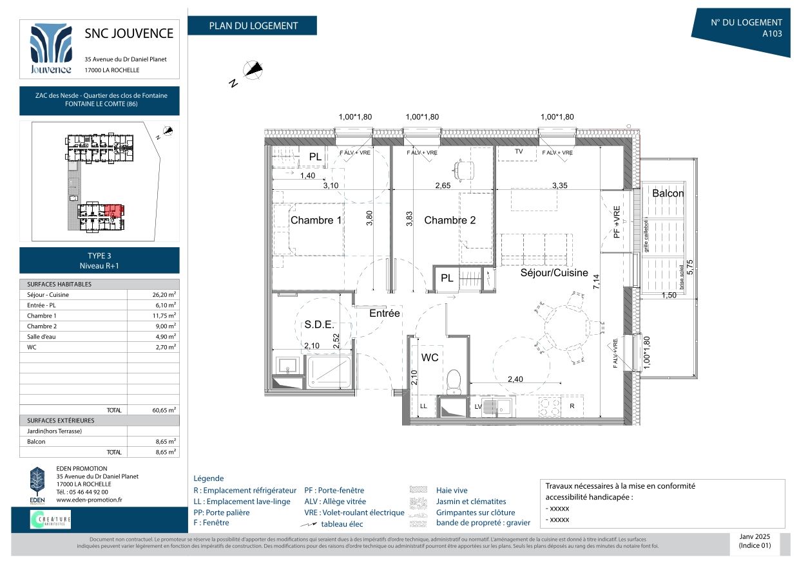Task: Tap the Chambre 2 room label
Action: [450, 220]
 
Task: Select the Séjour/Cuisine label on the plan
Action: [554, 272]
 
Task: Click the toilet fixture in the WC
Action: [455, 381]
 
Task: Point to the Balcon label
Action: [668, 193]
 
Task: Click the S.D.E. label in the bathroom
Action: [318, 324]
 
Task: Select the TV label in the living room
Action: [519, 151]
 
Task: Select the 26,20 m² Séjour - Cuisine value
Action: [164, 295]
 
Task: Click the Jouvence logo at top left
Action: [51, 49]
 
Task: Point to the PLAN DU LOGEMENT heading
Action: [253, 26]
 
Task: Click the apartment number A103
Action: [772, 34]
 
